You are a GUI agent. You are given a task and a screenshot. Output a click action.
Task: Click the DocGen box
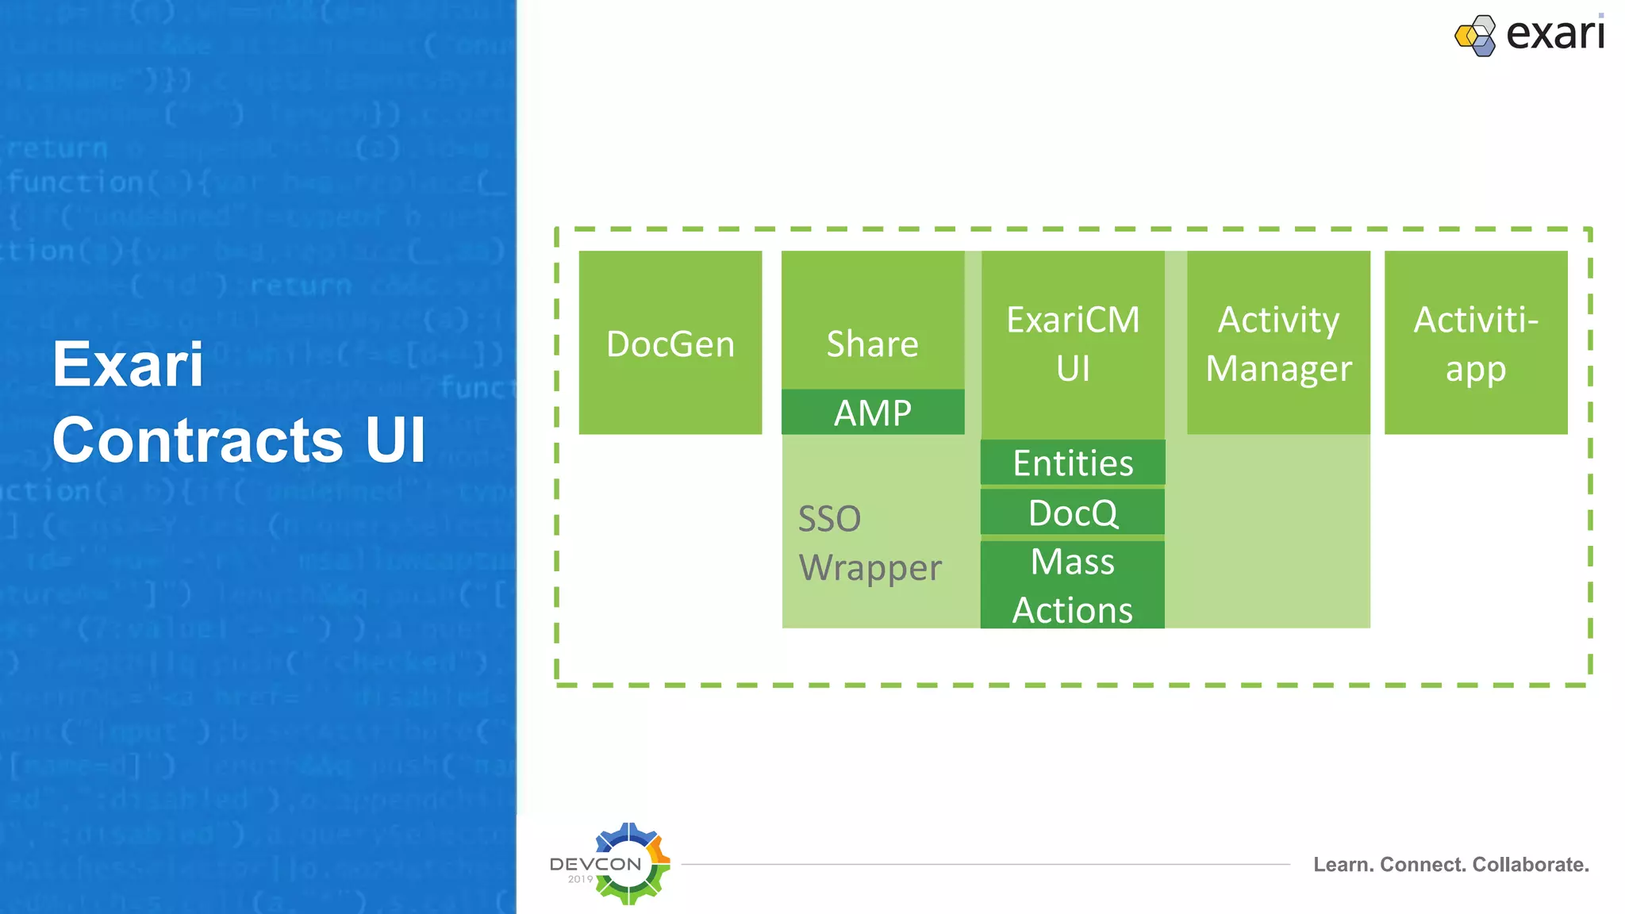pyautogui.click(x=670, y=344)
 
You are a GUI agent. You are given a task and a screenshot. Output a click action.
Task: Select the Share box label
pyautogui.click(x=872, y=344)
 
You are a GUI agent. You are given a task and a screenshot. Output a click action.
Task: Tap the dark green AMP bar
pyautogui.click(x=873, y=413)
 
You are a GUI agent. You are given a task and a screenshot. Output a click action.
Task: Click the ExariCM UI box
pyautogui.click(x=1073, y=344)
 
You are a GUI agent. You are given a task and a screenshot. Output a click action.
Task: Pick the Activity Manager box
pyautogui.click(x=1278, y=344)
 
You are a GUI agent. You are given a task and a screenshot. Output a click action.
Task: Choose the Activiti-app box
pyautogui.click(x=1476, y=344)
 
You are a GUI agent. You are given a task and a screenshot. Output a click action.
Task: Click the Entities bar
pyautogui.click(x=1073, y=463)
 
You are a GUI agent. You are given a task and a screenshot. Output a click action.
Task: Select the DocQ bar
pyautogui.click(x=1073, y=513)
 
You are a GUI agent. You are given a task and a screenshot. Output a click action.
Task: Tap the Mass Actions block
pyautogui.click(x=1073, y=586)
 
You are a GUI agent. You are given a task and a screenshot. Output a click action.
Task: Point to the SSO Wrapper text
pyautogui.click(x=870, y=543)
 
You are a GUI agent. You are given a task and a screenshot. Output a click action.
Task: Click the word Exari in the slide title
pyautogui.click(x=128, y=364)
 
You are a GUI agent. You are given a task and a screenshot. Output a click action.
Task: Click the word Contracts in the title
pyautogui.click(x=198, y=440)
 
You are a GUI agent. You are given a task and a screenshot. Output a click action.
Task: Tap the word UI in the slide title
pyautogui.click(x=395, y=440)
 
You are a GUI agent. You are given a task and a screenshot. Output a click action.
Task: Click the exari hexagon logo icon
pyautogui.click(x=1475, y=36)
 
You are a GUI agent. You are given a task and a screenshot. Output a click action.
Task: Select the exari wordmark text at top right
pyautogui.click(x=1555, y=34)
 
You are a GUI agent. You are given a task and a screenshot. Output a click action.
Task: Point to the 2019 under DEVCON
pyautogui.click(x=580, y=879)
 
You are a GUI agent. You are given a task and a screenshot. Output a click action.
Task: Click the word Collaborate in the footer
pyautogui.click(x=1531, y=865)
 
